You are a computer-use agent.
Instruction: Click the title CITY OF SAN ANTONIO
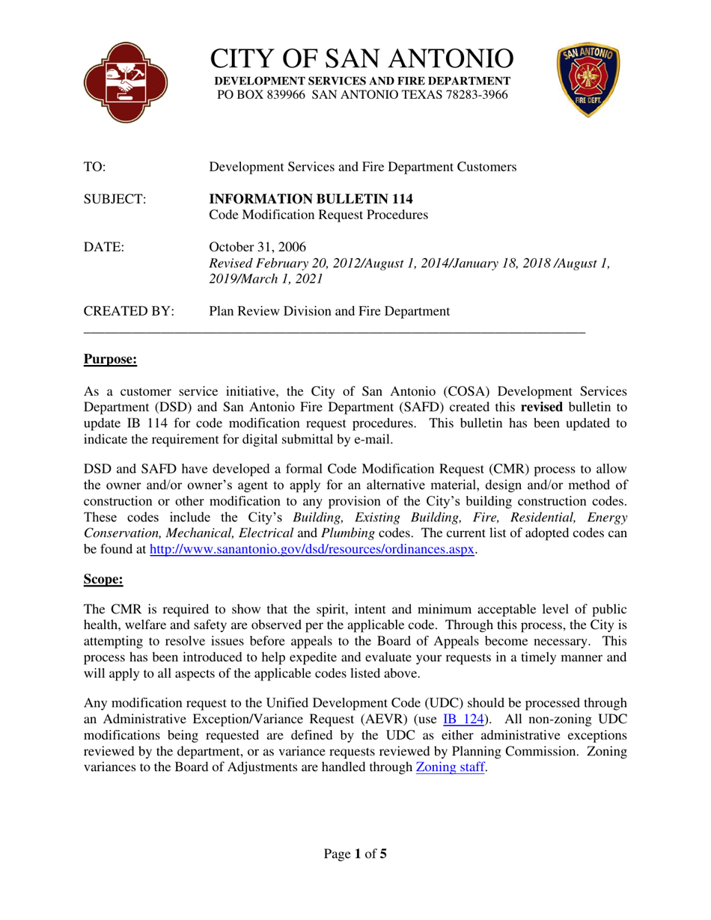tap(362, 58)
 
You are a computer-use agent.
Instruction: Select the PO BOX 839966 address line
tap(362, 95)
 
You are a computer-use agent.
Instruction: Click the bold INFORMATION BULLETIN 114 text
tap(309, 199)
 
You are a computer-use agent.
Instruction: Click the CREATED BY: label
tap(129, 311)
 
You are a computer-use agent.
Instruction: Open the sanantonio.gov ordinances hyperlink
tap(313, 549)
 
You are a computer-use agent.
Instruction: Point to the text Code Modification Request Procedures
tap(318, 215)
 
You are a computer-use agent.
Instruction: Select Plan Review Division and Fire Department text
tap(329, 311)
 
